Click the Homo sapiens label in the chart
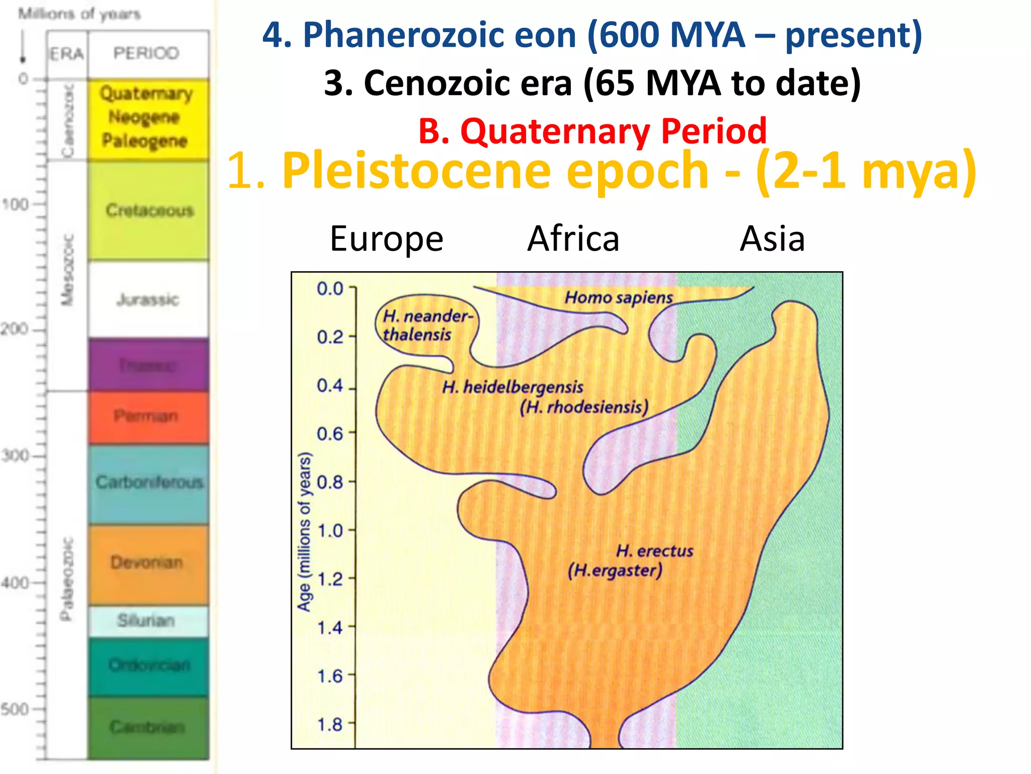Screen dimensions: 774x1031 pos(618,297)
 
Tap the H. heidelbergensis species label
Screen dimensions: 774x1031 pos(512,387)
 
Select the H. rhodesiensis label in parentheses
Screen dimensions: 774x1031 pos(584,407)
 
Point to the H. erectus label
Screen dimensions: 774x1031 pos(654,551)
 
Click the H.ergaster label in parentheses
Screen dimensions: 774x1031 pos(615,570)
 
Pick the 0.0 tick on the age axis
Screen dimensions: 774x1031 pos(330,288)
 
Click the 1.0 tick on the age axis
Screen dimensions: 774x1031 pos(330,531)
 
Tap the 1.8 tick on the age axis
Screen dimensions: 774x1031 pos(330,724)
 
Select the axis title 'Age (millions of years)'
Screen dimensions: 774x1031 pos(304,532)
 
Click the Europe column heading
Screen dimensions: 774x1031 pos(386,238)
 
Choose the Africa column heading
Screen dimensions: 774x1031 pos(573,238)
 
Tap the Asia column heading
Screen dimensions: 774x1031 pos(772,238)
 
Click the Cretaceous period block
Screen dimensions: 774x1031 pos(149,210)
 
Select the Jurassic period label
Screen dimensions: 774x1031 pos(148,300)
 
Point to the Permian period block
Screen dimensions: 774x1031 pos(148,416)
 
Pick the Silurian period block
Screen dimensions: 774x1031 pos(147,620)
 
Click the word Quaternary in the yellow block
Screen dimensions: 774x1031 pos(146,94)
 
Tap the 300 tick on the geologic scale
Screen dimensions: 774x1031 pos(15,456)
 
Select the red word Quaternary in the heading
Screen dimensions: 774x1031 pos(555,131)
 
